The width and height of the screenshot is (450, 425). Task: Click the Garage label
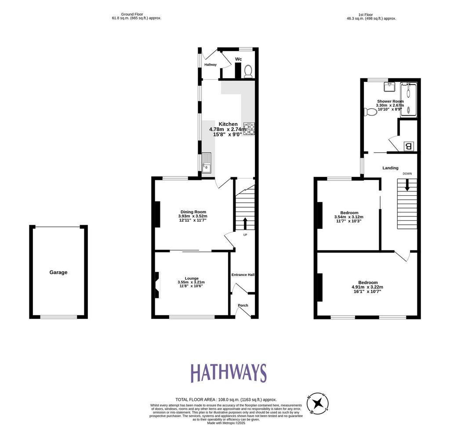point(58,272)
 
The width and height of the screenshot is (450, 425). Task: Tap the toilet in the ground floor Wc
point(248,71)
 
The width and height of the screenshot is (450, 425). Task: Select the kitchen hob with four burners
point(249,129)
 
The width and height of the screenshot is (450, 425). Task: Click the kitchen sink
point(206,163)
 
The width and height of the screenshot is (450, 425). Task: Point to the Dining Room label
point(193,212)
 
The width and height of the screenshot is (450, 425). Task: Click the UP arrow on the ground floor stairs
point(245,223)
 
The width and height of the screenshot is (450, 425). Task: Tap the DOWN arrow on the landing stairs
point(407,184)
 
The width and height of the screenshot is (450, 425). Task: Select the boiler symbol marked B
point(408,146)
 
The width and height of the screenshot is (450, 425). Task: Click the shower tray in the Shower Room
point(408,100)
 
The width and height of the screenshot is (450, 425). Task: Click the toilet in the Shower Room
point(370,112)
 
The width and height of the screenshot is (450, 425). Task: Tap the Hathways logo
point(229,373)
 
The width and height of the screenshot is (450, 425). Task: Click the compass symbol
point(317,404)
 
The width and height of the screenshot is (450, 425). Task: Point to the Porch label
point(243,305)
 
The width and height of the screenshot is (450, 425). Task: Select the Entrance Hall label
point(243,275)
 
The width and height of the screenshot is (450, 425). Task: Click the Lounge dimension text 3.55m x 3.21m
point(191,282)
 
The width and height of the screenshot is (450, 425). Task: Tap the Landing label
point(390,168)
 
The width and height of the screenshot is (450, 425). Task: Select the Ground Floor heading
point(132,14)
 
